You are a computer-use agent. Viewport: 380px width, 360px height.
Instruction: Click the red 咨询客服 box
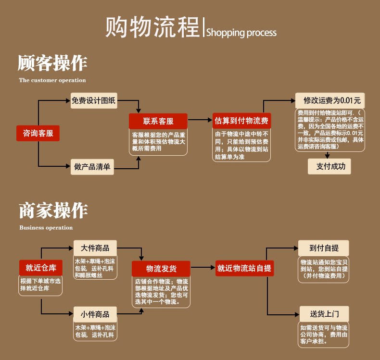tap(38, 133)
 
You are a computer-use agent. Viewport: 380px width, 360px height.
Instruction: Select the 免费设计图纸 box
tap(93, 100)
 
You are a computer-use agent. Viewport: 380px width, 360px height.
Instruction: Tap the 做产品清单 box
tap(92, 167)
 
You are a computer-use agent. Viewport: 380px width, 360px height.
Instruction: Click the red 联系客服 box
tap(158, 121)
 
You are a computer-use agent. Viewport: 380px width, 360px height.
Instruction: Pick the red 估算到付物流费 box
tap(241, 120)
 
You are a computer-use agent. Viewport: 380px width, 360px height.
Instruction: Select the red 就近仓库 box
tap(41, 268)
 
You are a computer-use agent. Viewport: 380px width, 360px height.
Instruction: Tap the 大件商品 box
tap(95, 248)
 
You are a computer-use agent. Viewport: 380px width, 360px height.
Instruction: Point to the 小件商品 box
tap(95, 314)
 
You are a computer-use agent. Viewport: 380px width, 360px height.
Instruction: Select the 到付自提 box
tap(324, 248)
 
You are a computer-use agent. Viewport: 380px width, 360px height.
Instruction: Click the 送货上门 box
tap(324, 314)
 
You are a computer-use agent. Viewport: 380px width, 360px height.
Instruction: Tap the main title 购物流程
tap(152, 27)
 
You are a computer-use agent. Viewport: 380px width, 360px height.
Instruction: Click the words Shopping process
tap(241, 33)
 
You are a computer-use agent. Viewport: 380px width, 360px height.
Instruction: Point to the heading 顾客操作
tap(52, 63)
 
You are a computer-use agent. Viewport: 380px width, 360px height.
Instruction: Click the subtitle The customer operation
tap(52, 80)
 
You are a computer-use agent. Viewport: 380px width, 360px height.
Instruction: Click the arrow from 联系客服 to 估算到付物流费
tap(200, 120)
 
